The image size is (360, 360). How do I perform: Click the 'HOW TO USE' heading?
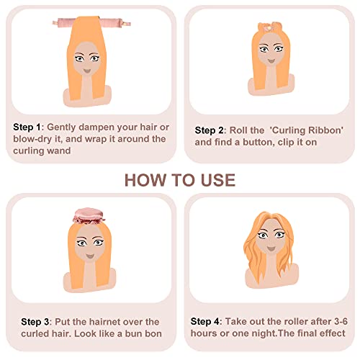click(179, 179)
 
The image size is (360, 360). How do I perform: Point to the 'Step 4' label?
click(207, 321)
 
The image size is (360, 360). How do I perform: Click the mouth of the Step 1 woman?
click(86, 69)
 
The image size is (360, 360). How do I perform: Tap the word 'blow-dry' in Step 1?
click(30, 139)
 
